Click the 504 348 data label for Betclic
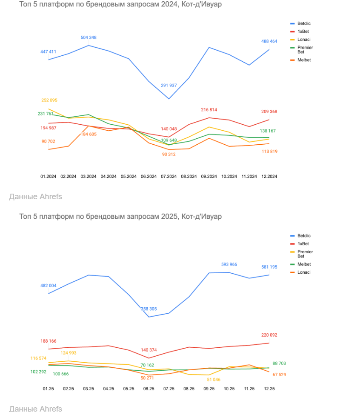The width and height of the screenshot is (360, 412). [89, 37]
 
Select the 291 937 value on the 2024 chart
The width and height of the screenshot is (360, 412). [169, 86]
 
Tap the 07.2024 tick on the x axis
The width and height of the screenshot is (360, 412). [169, 176]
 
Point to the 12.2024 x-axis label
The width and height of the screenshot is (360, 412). [269, 176]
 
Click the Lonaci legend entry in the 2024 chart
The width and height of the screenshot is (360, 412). [303, 40]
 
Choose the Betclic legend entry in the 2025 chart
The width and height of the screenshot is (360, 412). [304, 235]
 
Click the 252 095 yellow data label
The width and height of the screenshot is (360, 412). [49, 100]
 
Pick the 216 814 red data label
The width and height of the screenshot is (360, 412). [209, 110]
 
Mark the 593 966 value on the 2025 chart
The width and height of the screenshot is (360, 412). [229, 264]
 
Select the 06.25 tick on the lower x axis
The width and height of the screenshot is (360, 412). [149, 389]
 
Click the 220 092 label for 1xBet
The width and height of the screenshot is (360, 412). [269, 335]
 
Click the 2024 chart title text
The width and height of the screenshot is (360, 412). [120, 4]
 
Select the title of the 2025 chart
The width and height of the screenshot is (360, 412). [120, 217]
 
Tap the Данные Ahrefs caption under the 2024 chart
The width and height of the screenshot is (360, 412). [35, 197]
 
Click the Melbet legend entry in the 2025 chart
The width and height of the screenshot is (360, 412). [304, 264]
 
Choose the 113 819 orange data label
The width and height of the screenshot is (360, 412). [269, 152]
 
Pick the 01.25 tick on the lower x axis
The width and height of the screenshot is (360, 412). [48, 389]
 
